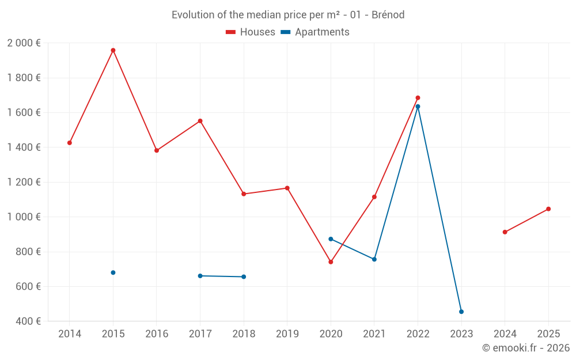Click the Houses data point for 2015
click(x=113, y=50)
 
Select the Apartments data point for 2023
click(x=461, y=312)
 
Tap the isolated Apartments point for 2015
click(x=113, y=272)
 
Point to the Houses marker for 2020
click(x=331, y=262)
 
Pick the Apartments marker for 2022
click(x=418, y=107)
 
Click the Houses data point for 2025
click(x=548, y=209)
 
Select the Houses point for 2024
click(x=505, y=232)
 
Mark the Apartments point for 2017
click(x=200, y=276)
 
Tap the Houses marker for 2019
click(x=287, y=188)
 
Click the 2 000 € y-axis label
click(x=24, y=43)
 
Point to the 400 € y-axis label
click(x=28, y=321)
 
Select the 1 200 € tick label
click(x=24, y=182)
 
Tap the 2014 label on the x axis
click(x=70, y=334)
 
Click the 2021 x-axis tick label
click(x=374, y=334)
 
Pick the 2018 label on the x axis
click(x=244, y=334)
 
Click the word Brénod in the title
click(x=388, y=15)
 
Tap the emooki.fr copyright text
click(x=525, y=348)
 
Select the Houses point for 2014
click(x=70, y=143)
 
